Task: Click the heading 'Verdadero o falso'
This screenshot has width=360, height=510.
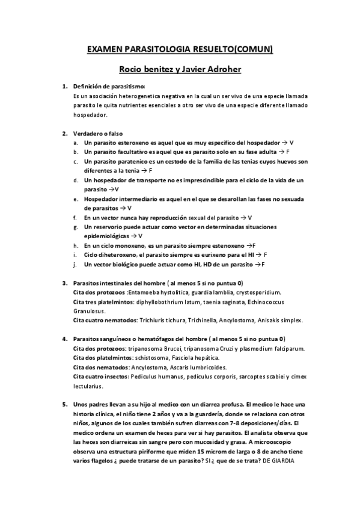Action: coord(99,133)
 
